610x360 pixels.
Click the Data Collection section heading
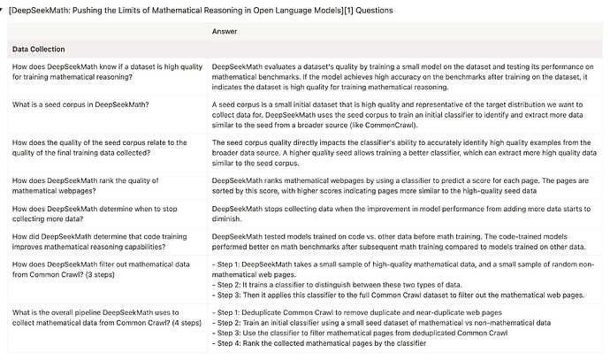coord(41,50)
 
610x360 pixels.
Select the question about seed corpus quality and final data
coord(97,148)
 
